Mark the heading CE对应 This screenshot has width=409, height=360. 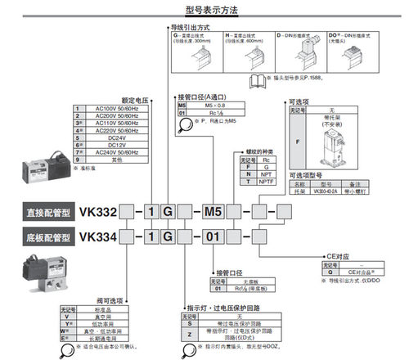click(x=336, y=254)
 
